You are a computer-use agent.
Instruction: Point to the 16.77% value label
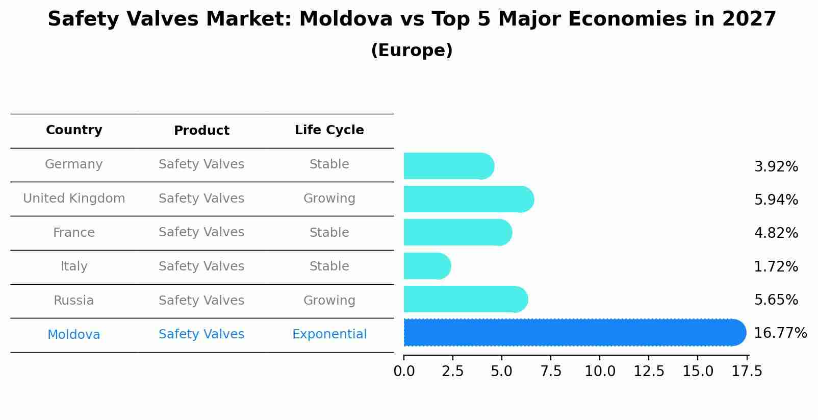780,333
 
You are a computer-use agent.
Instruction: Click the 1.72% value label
776,266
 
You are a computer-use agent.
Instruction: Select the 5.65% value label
776,300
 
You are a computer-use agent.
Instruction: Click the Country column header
74,130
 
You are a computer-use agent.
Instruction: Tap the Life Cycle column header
329,130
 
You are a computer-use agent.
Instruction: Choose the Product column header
201,131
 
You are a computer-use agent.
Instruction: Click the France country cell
74,233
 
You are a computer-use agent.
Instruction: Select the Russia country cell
74,301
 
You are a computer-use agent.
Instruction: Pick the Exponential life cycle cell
329,334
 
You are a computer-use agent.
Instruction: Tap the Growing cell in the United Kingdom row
329,199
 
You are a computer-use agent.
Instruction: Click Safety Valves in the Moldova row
201,334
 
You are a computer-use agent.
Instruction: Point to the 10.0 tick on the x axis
600,371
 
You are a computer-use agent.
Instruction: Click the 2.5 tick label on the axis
453,371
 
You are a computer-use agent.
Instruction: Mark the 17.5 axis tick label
747,371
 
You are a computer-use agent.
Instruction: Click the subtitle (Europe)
412,51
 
